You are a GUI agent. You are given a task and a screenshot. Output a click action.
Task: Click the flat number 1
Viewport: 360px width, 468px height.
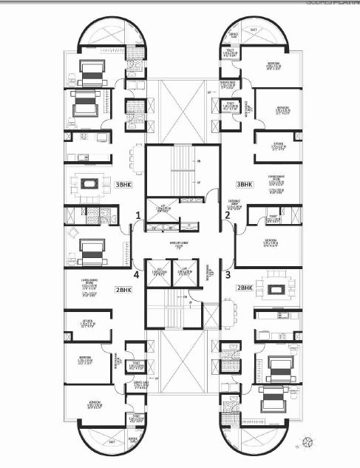pyautogui.click(x=137, y=215)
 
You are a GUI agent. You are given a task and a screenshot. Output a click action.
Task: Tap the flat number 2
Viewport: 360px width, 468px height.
pyautogui.click(x=228, y=215)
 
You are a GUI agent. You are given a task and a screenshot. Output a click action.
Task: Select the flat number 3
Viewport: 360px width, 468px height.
pyautogui.click(x=228, y=273)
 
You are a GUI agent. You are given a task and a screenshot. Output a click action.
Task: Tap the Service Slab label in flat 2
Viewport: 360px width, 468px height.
pyautogui.click(x=234, y=35)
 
